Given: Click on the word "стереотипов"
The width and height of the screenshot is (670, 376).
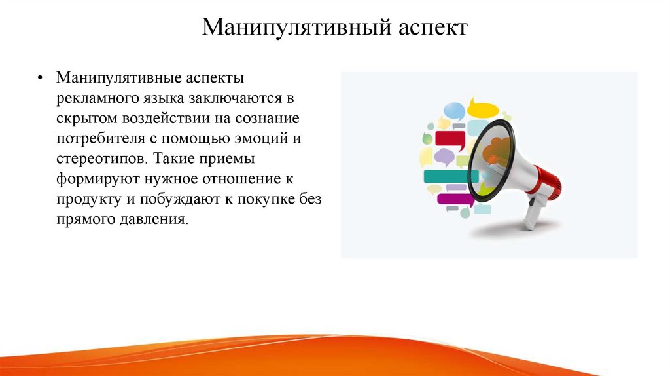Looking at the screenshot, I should (x=98, y=159).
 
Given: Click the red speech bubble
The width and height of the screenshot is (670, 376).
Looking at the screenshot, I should (x=450, y=139).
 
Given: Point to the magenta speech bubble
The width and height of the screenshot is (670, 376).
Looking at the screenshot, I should (x=454, y=199).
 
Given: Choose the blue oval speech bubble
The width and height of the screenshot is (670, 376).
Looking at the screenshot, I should (x=454, y=110).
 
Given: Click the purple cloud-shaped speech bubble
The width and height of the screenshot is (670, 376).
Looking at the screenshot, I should (x=445, y=157).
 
